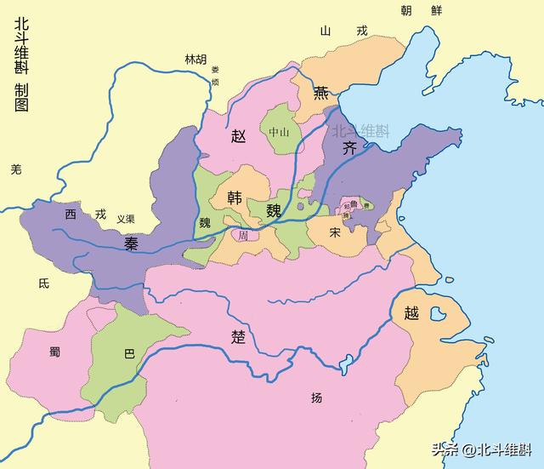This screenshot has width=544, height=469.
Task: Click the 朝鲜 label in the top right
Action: pyautogui.click(x=422, y=10)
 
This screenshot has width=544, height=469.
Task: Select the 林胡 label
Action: pyautogui.click(x=195, y=59)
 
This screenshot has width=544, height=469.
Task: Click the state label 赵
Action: pyautogui.click(x=239, y=134)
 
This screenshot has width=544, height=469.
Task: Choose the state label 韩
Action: pyautogui.click(x=235, y=197)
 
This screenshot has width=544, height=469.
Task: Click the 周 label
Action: pyautogui.click(x=242, y=234)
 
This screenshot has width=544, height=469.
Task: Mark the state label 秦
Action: pyautogui.click(x=132, y=244)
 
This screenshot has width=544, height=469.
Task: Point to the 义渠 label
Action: pyautogui.click(x=126, y=219)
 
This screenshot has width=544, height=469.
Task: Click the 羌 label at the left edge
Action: pyautogui.click(x=15, y=169)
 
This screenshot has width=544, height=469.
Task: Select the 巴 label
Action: pyautogui.click(x=129, y=352)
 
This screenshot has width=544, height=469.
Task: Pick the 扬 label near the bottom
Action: pyautogui.click(x=317, y=398)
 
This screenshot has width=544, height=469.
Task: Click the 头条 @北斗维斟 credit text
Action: pyautogui.click(x=481, y=449)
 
